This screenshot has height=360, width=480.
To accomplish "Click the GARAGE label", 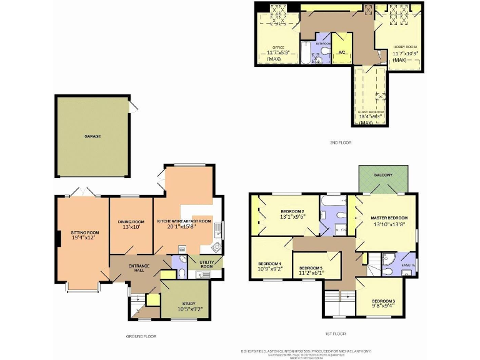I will (92, 136).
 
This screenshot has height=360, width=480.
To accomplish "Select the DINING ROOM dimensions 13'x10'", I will (131, 227).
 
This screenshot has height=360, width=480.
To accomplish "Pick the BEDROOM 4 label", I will (270, 263).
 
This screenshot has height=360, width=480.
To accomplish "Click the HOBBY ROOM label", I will (404, 47).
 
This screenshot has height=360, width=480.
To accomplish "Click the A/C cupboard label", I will (341, 52).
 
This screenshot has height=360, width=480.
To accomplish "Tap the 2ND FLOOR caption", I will (341, 143).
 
